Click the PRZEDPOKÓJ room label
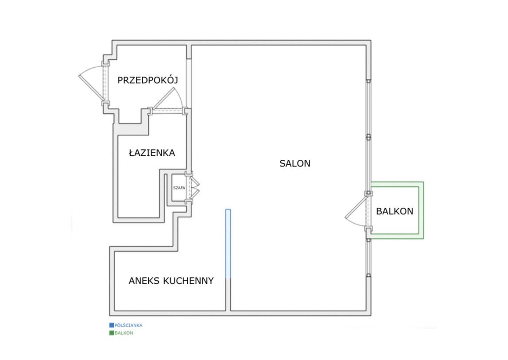click(147, 80)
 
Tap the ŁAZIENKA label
click(152, 153)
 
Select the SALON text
click(295, 163)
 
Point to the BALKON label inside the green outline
click(395, 211)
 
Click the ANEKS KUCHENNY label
click(171, 281)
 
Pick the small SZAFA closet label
click(179, 188)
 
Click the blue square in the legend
click(112, 325)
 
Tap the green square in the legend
click(112, 333)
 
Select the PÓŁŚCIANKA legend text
click(128, 325)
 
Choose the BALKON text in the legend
click(124, 333)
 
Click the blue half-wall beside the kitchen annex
click(228, 244)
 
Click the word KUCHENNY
click(188, 281)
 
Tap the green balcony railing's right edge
click(422, 210)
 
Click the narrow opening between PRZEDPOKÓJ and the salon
click(189, 83)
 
